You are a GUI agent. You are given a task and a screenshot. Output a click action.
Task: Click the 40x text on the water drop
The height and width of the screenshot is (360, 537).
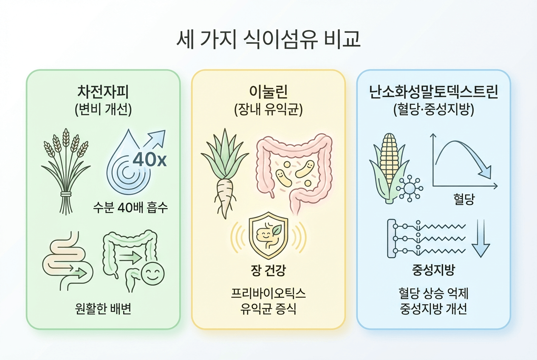click(150, 160)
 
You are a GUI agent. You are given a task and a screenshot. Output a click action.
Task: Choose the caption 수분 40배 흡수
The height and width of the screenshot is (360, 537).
click(130, 208)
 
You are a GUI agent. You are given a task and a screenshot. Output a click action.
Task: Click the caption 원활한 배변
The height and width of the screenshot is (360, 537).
click(103, 309)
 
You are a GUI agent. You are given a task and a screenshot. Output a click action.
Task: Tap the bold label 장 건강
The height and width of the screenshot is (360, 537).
click(268, 271)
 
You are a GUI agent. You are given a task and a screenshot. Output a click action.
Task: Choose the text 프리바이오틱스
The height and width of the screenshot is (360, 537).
click(268, 294)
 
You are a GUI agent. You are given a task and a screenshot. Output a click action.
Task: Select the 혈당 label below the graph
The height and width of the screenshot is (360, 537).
click(461, 199)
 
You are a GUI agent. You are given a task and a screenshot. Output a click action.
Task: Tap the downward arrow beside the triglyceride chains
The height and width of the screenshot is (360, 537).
click(481, 238)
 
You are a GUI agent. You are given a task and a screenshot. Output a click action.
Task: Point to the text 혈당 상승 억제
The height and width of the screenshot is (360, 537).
click(433, 294)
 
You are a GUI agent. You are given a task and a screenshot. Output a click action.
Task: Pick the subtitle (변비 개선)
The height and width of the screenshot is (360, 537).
click(103, 110)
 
